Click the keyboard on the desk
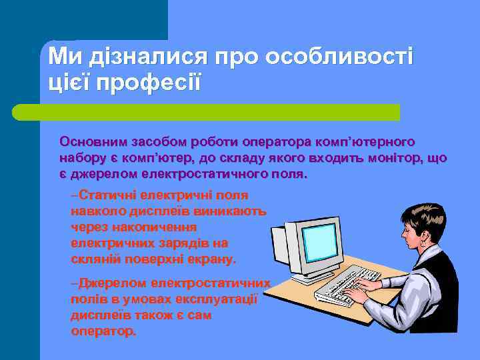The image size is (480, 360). tap(340, 283)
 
